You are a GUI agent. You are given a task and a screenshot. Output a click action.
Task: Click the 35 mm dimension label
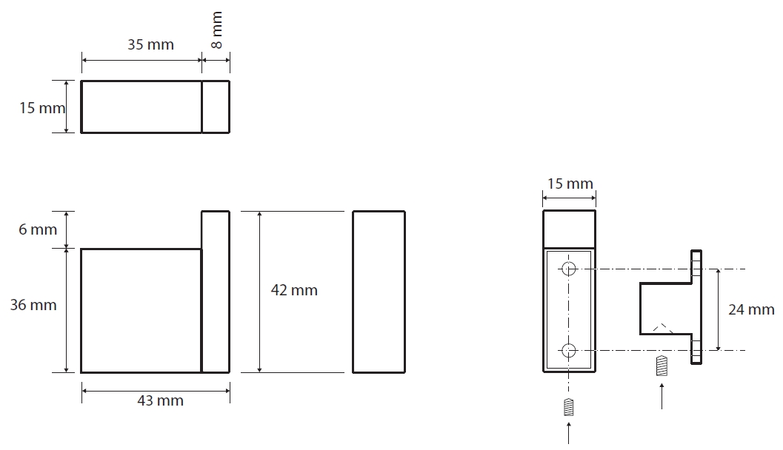click(150, 44)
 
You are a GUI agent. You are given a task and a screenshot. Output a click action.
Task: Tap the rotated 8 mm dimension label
click(217, 30)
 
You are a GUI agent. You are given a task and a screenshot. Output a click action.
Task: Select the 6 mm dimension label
click(38, 229)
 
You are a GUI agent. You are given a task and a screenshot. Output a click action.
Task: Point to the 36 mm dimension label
click(33, 305)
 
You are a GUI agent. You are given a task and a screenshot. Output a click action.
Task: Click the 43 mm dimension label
click(160, 400)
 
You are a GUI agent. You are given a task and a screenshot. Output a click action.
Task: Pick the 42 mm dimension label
click(294, 290)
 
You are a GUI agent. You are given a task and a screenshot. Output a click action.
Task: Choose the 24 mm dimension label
click(751, 310)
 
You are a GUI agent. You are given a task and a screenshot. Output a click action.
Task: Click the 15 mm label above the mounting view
click(570, 184)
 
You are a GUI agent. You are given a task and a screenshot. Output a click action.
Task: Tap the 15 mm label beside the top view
click(42, 108)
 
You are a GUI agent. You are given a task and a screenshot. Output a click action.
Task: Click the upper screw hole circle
click(569, 269)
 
